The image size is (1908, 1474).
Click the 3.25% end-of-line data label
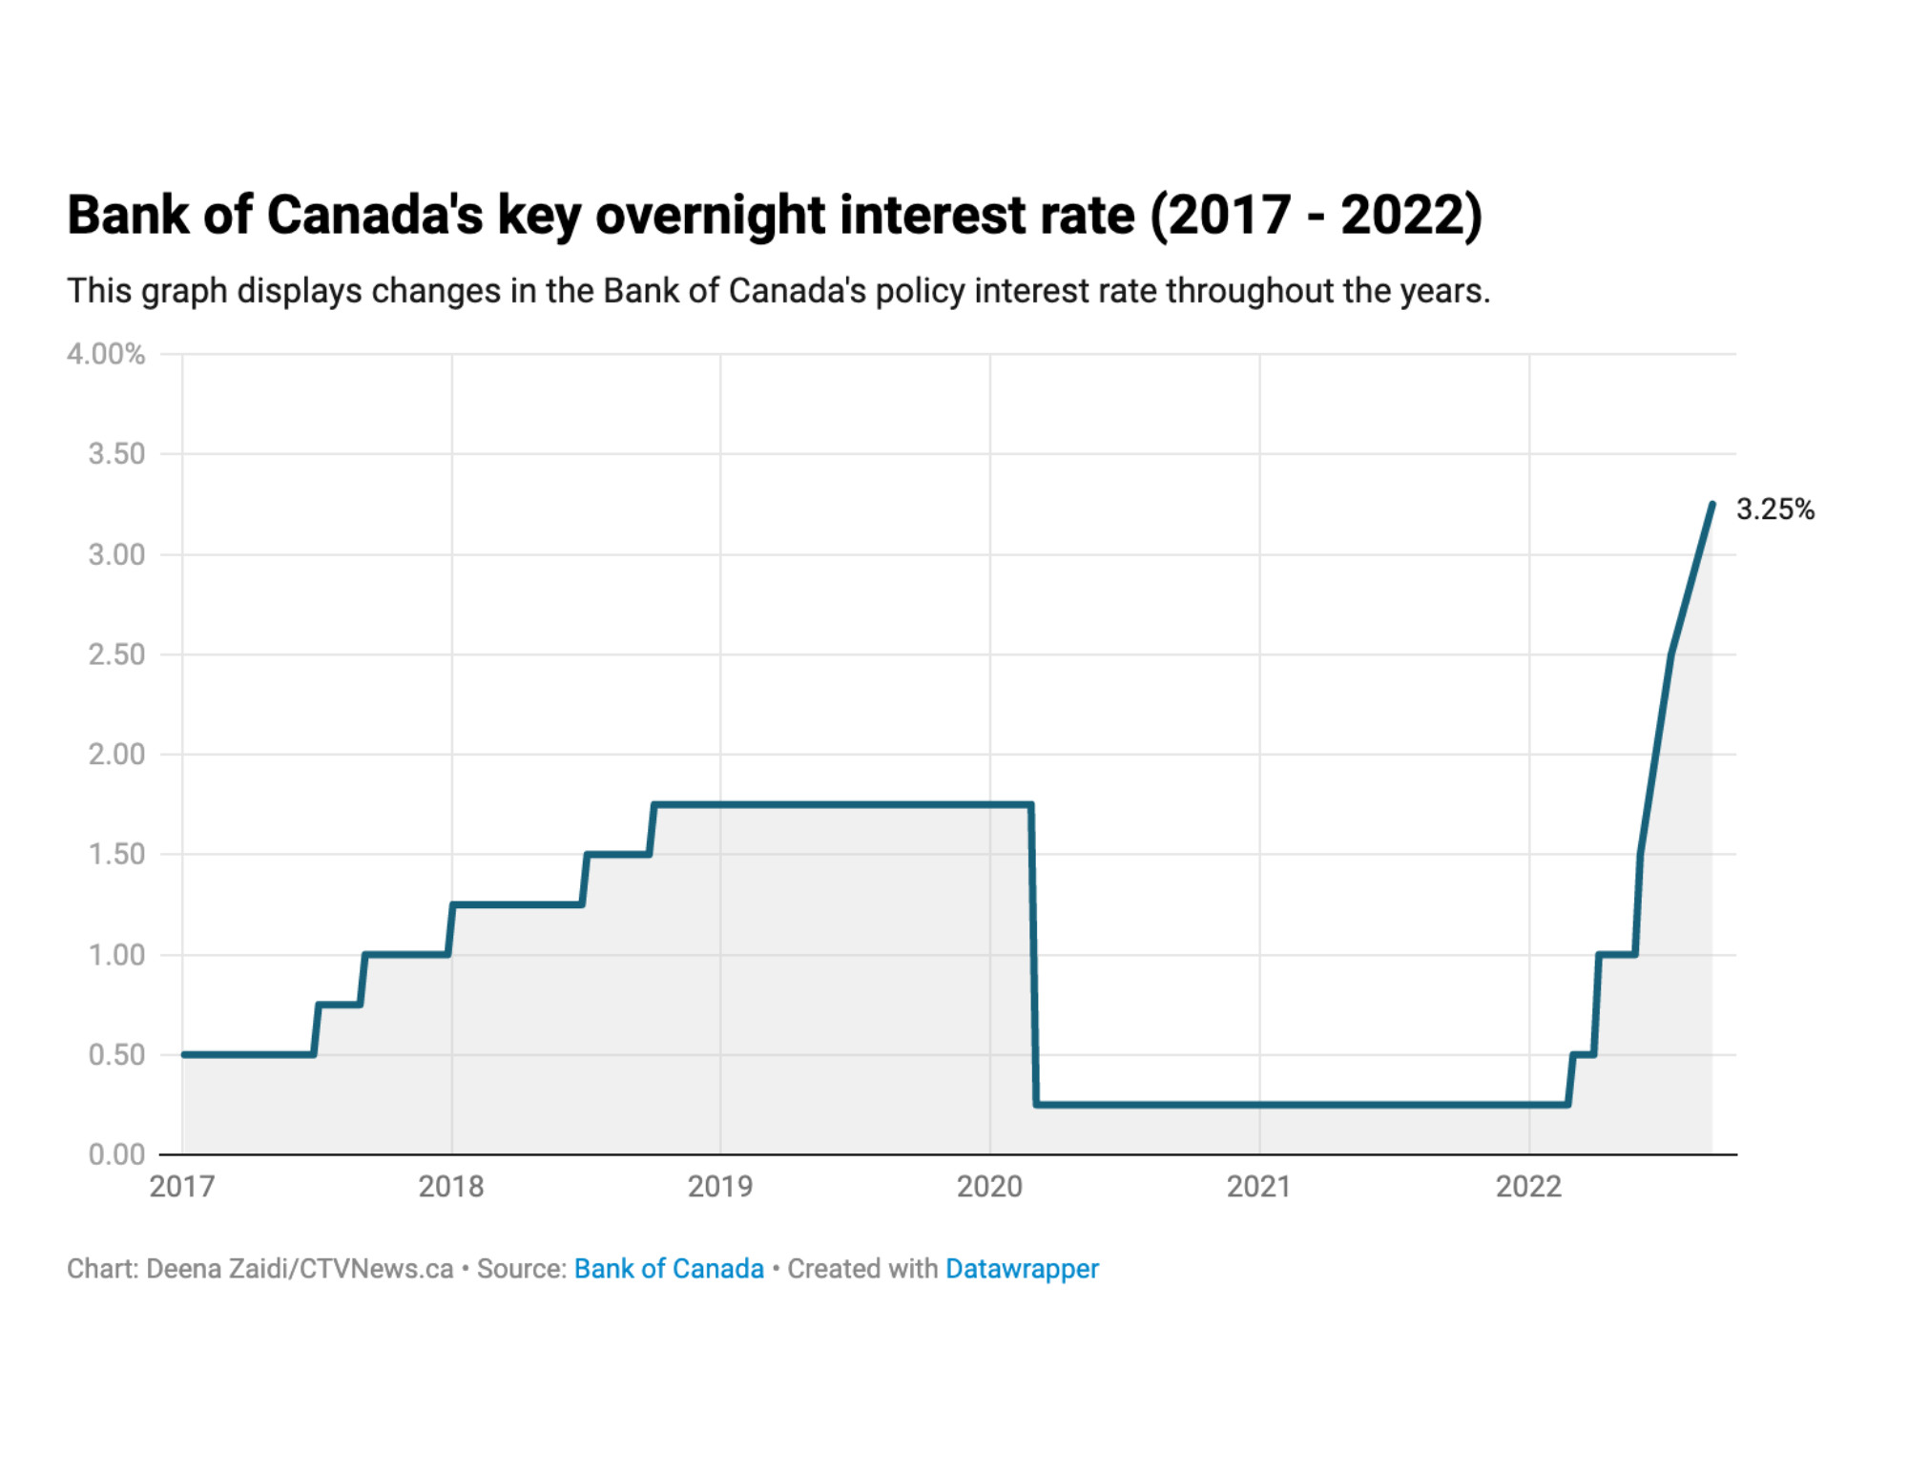tap(1774, 509)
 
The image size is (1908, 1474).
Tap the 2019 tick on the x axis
tap(720, 1186)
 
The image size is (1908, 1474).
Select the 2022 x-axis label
tap(1528, 1186)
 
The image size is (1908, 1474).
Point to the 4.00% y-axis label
tap(106, 354)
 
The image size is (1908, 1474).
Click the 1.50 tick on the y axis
tap(116, 854)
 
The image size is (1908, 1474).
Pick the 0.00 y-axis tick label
tap(116, 1154)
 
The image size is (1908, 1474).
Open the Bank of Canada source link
tap(669, 1269)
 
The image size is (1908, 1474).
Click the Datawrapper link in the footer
tap(1022, 1269)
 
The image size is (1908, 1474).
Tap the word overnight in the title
tap(710, 215)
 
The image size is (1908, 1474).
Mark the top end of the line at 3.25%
tap(1712, 505)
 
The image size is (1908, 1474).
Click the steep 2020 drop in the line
tap(1034, 954)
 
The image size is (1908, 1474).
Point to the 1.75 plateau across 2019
tap(840, 805)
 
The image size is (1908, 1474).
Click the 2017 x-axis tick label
tap(182, 1186)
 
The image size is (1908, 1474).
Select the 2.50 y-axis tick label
tap(116, 654)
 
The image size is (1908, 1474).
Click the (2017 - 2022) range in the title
tap(1316, 215)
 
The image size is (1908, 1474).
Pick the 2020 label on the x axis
tap(989, 1186)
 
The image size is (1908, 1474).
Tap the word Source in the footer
tap(519, 1269)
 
